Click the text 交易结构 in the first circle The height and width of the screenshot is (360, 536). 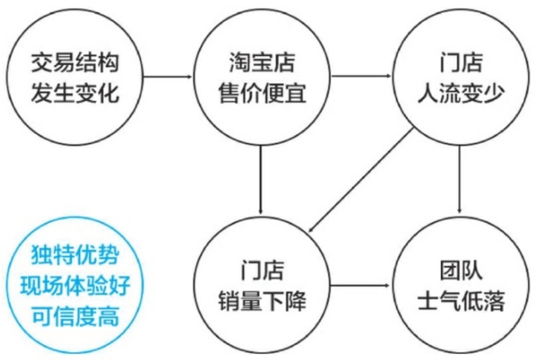[x=75, y=63]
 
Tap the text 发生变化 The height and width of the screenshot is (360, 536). [x=75, y=93]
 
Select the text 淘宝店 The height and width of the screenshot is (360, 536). [x=262, y=63]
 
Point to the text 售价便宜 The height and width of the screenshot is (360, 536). [x=262, y=93]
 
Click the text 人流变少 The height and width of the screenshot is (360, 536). [x=461, y=93]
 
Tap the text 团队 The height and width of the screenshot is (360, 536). [x=461, y=271]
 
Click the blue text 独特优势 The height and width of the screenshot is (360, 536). [x=75, y=254]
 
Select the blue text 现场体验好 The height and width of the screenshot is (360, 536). [x=75, y=285]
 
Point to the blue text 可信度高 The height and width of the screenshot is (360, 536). [x=75, y=316]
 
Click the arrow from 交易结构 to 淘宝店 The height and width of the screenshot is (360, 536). [x=168, y=76]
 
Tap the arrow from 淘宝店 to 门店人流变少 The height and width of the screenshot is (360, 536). [x=361, y=76]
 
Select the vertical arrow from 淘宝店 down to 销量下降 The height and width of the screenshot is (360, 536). [x=261, y=180]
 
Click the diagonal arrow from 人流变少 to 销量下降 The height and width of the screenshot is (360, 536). [x=361, y=181]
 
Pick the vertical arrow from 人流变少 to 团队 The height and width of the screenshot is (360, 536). [x=459, y=179]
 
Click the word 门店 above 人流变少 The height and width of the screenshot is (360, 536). [x=461, y=63]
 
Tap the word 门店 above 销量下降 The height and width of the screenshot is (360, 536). [x=262, y=271]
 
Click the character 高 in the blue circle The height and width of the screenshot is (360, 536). [x=108, y=316]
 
